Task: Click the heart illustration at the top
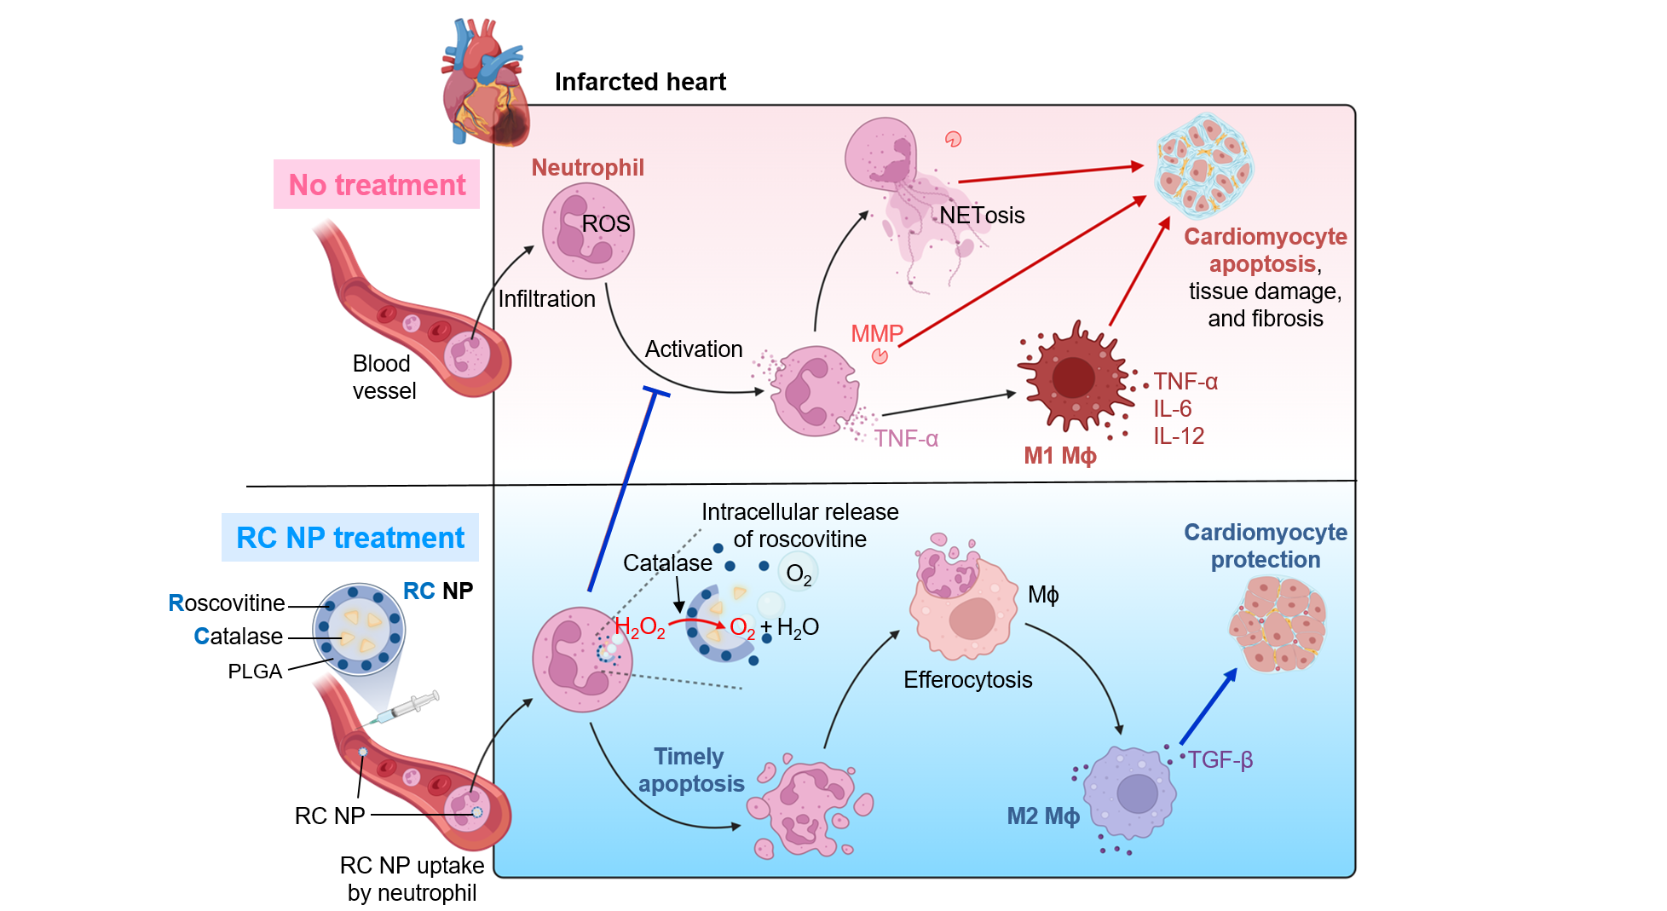coord(483,85)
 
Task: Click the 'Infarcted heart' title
coord(640,82)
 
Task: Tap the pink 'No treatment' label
coord(377,184)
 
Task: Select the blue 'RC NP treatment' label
coord(350,538)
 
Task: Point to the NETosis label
coord(982,216)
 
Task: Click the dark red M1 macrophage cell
coord(1075,378)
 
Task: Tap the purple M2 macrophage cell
coord(1134,793)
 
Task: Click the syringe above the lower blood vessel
coord(407,708)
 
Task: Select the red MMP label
coord(876,333)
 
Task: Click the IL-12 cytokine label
coord(1179,436)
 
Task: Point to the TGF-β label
coord(1220,759)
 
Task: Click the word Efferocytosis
coord(967,680)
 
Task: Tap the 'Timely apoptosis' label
coord(690,770)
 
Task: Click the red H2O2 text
coord(639,628)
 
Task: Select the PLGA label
coord(255,672)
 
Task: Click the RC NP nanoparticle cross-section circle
coord(359,629)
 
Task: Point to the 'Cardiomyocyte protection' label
coord(1265,546)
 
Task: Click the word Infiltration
coord(546,299)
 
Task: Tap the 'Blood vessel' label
coord(384,377)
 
